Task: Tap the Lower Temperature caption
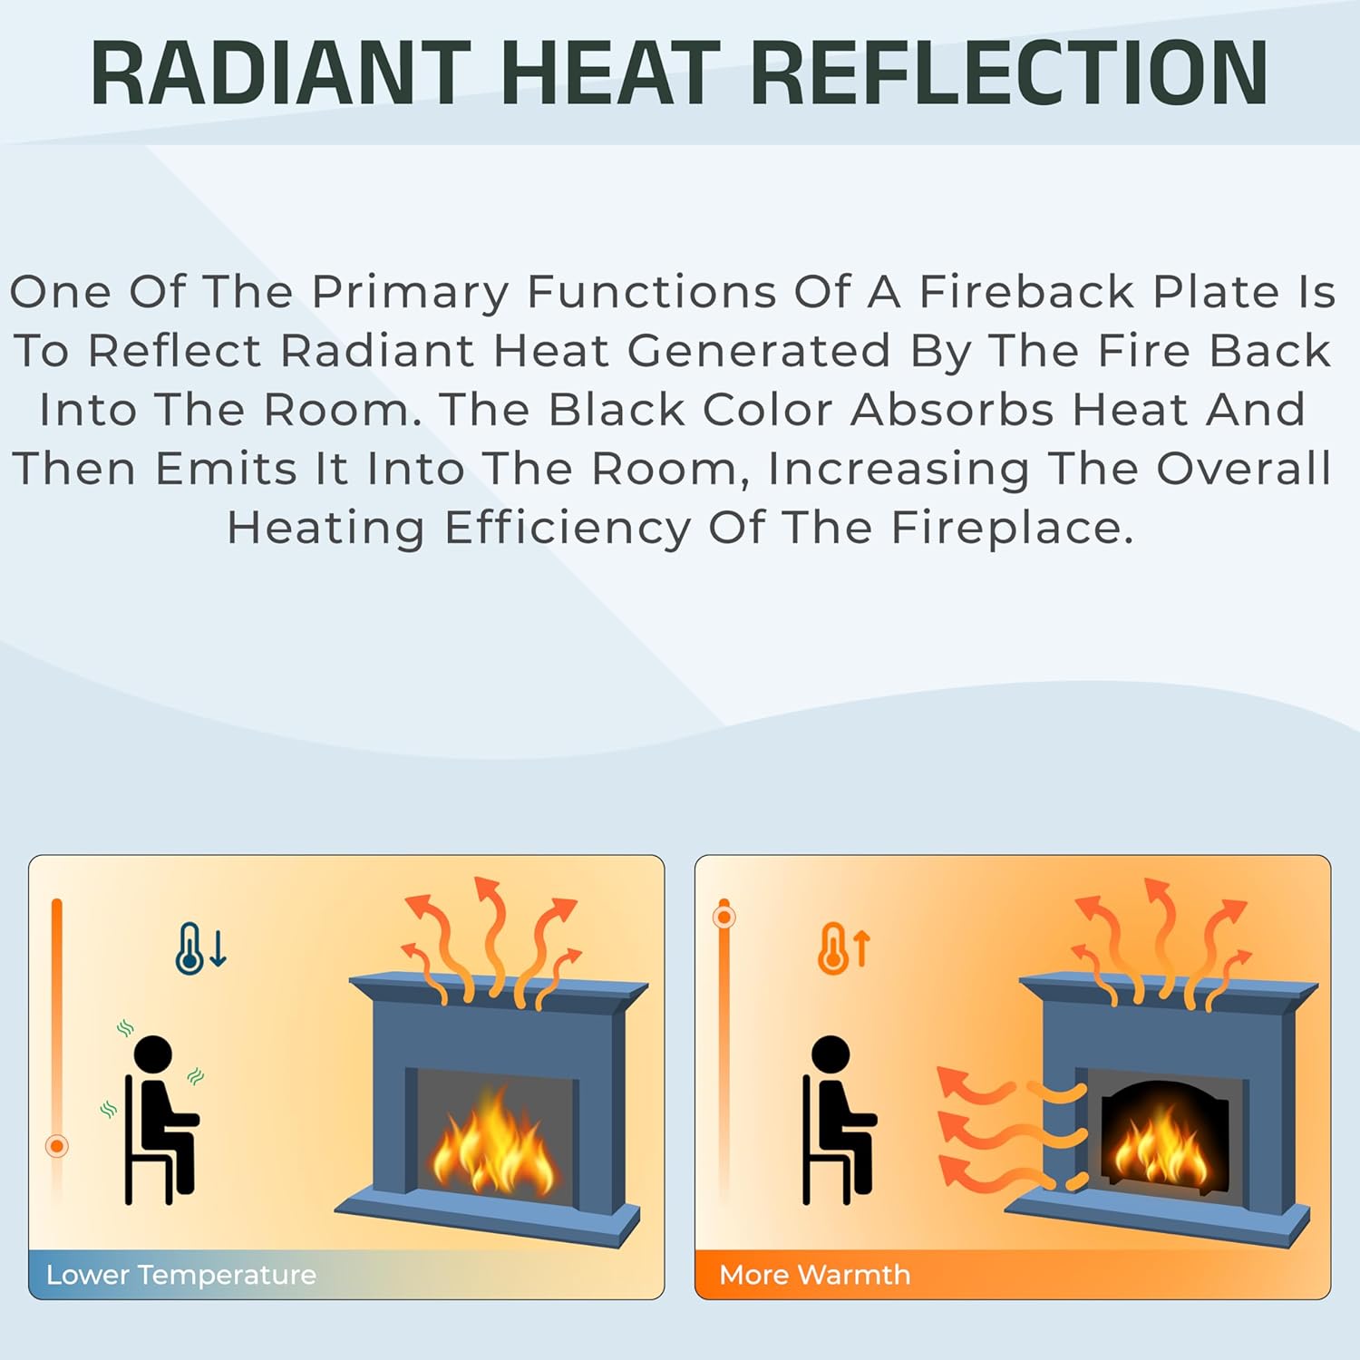(x=181, y=1275)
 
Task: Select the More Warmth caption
(x=814, y=1275)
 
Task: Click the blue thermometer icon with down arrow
(x=199, y=948)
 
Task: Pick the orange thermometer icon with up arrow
(x=843, y=948)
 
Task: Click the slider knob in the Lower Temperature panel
(x=56, y=1146)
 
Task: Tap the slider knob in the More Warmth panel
(x=724, y=917)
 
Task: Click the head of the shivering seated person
(x=152, y=1054)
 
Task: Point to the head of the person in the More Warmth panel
(x=831, y=1054)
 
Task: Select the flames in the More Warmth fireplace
(x=1161, y=1151)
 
